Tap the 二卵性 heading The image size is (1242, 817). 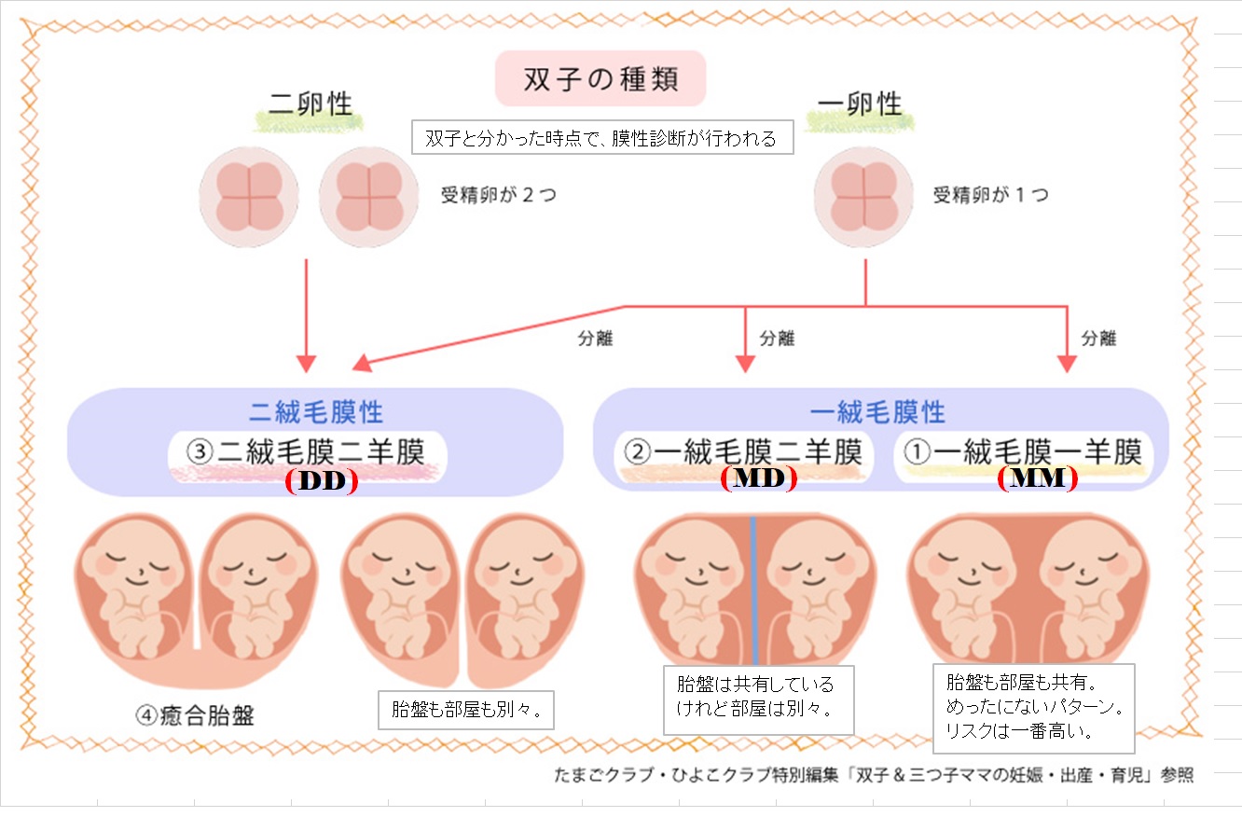point(310,103)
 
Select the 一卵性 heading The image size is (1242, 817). point(859,103)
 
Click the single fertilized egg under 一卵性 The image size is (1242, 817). point(862,197)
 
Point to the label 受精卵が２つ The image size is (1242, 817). point(498,196)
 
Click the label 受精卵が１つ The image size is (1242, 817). point(990,196)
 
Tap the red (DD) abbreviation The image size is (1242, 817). point(322,480)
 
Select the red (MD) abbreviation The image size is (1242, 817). point(758,478)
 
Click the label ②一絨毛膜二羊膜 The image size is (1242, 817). point(743,452)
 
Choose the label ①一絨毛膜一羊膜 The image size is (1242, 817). point(1023,452)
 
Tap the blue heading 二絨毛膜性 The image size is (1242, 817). point(316,411)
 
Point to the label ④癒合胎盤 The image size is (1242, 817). point(195,716)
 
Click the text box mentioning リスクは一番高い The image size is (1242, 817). point(1033,707)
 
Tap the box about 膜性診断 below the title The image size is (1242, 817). point(600,139)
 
